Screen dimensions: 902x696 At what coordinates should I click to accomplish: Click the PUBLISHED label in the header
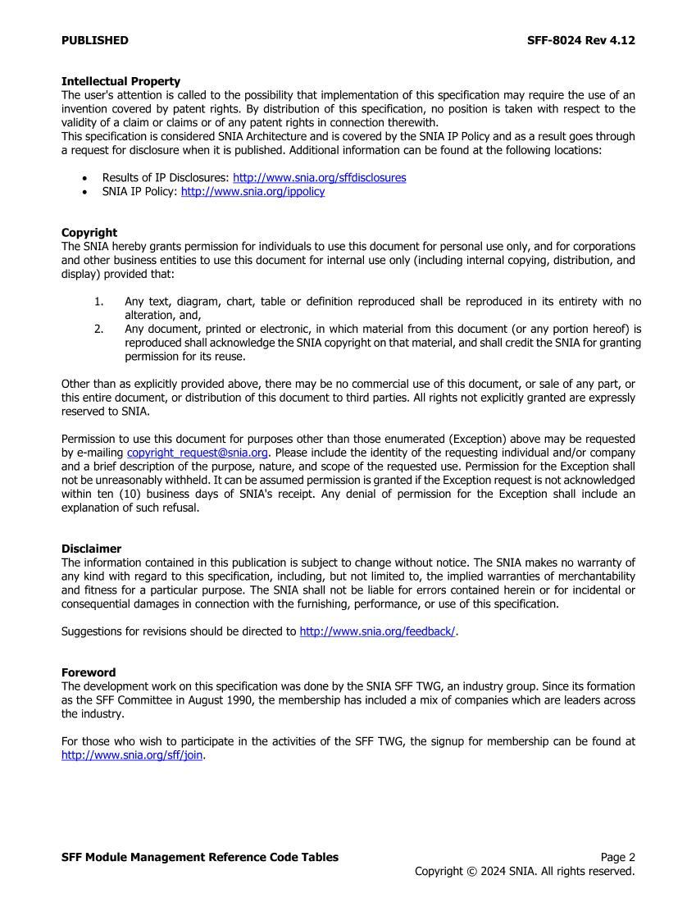(94, 40)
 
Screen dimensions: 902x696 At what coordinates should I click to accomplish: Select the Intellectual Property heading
(121, 81)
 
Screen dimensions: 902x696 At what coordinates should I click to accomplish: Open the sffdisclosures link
(319, 177)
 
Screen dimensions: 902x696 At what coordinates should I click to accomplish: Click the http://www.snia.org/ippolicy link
(252, 191)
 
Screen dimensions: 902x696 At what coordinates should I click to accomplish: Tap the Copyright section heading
(89, 232)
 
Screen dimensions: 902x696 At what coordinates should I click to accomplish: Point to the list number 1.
(98, 302)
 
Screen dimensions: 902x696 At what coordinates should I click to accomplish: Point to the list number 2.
(98, 329)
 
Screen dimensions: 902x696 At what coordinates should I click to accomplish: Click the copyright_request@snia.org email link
(198, 453)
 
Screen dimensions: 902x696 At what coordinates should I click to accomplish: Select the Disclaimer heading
(91, 549)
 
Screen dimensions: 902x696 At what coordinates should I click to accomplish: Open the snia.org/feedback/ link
(377, 631)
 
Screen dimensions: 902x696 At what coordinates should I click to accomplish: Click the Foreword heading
(89, 672)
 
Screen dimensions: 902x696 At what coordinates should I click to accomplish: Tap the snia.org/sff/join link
(132, 755)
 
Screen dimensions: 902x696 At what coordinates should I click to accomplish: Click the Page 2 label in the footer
(617, 857)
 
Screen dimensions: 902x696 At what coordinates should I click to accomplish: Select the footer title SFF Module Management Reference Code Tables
(199, 857)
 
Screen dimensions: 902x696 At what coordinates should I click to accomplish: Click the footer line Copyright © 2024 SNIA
(525, 871)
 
